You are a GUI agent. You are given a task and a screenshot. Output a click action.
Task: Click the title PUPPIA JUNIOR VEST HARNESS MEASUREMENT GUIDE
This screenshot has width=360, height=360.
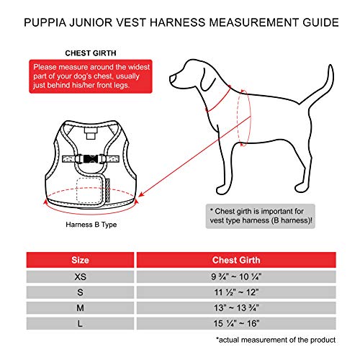point(180,22)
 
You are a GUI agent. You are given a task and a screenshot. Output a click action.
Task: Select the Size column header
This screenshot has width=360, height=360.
point(81,260)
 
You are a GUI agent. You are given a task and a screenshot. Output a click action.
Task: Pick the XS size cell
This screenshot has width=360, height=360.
point(81,276)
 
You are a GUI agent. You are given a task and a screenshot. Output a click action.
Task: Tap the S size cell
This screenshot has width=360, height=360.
point(81,292)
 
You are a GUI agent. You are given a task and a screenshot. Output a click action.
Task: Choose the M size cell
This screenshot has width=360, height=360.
point(81,308)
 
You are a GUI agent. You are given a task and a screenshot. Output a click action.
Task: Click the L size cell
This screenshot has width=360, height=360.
point(81,324)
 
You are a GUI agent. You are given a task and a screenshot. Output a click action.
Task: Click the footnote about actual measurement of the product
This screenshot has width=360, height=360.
point(276,340)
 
